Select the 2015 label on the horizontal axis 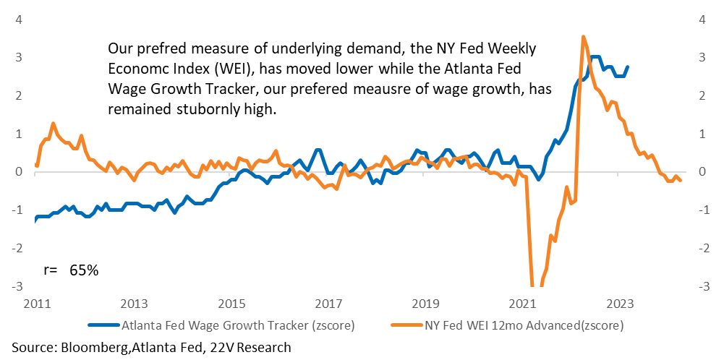pyautogui.click(x=231, y=304)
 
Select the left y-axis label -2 pyautogui.click(x=20, y=248)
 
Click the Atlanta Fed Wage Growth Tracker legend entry pyautogui.click(x=221, y=325)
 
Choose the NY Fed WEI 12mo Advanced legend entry pyautogui.click(x=508, y=325)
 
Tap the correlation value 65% pyautogui.click(x=84, y=270)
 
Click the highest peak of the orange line pyautogui.click(x=583, y=36)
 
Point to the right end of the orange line pyautogui.click(x=681, y=181)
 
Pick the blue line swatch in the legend pyautogui.click(x=103, y=325)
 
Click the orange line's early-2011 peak pyautogui.click(x=53, y=123)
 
